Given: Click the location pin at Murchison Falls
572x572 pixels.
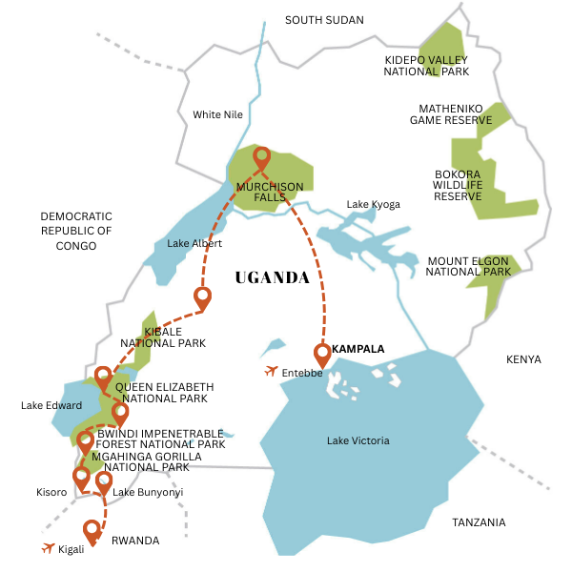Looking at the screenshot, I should (261, 159).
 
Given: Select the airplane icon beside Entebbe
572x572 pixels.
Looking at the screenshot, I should (272, 371).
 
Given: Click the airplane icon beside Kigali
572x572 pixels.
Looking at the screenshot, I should (48, 548).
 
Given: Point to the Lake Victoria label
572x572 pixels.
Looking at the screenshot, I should (357, 440).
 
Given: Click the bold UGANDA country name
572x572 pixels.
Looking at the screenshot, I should (272, 278).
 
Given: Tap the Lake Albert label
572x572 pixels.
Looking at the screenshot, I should (194, 244).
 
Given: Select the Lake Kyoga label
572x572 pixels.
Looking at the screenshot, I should (373, 204).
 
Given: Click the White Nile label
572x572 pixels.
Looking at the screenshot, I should (218, 114).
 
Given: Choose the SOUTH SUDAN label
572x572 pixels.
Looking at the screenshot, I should (324, 19).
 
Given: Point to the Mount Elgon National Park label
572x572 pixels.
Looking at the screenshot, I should (467, 266).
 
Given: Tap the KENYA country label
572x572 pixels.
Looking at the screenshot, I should (523, 359).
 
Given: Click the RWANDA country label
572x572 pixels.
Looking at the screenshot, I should (135, 541).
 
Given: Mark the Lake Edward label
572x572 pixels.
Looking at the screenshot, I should (51, 405).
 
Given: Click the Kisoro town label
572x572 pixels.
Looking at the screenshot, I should (51, 492).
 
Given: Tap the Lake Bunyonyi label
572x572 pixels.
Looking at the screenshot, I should (148, 492).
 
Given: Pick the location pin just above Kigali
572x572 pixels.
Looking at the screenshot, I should (92, 529).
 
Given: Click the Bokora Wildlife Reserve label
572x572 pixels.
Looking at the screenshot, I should (458, 184).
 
